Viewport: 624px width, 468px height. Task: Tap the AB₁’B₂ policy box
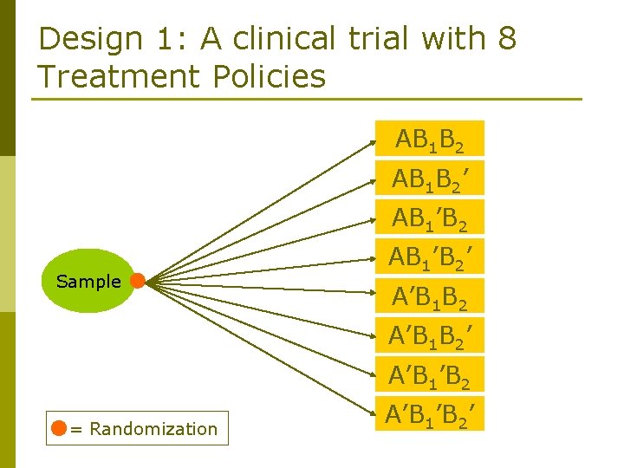click(431, 218)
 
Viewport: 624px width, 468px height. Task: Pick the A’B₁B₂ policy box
click(431, 298)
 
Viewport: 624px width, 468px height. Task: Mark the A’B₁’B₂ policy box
click(431, 375)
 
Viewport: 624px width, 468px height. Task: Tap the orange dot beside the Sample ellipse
click(137, 280)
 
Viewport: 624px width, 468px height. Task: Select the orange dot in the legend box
click(59, 428)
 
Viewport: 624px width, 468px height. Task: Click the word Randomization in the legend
click(153, 428)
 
